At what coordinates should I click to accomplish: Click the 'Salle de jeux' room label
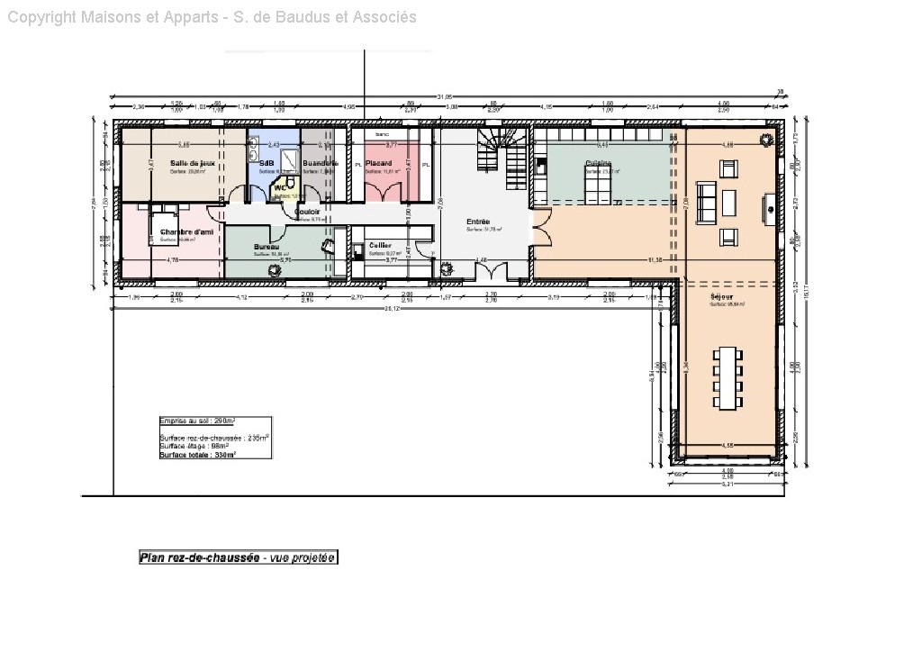[x=193, y=163]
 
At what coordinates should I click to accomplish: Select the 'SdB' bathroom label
[x=266, y=163]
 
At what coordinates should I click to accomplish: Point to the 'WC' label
[x=280, y=189]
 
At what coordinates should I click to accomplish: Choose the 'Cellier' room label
[x=379, y=245]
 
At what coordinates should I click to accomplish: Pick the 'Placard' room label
[x=378, y=163]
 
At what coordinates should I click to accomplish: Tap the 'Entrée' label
[x=478, y=221]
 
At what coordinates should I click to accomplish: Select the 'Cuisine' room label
[x=598, y=163]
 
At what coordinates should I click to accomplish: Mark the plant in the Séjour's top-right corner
[x=766, y=139]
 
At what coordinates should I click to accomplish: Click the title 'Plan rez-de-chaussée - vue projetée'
[x=238, y=557]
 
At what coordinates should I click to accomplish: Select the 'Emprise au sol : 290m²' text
[x=197, y=421]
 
